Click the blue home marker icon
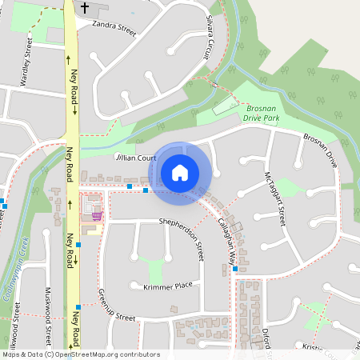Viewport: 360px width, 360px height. tap(180, 172)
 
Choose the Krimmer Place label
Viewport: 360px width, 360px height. tap(168, 286)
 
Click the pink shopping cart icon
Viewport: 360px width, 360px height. tap(97, 215)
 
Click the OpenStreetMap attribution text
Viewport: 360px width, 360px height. tap(81, 354)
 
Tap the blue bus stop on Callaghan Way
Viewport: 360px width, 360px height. tap(235, 269)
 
